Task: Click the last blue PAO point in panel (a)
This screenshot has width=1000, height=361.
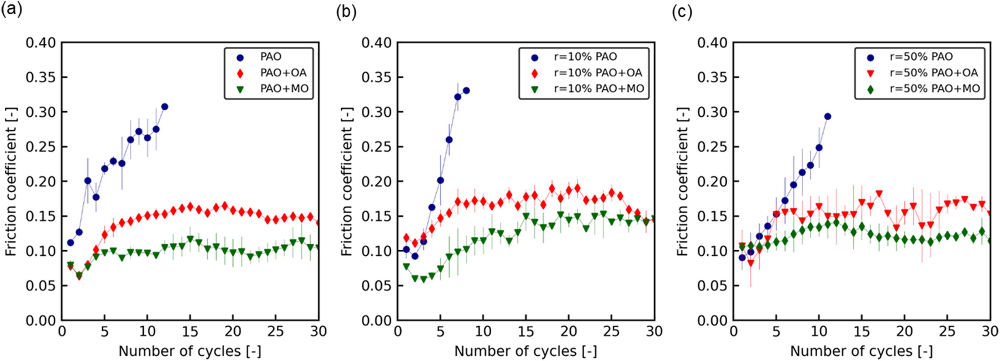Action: coord(165,106)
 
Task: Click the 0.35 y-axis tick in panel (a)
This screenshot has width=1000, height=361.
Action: coord(41,77)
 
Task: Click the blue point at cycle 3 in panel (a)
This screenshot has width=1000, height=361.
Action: coord(87,181)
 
